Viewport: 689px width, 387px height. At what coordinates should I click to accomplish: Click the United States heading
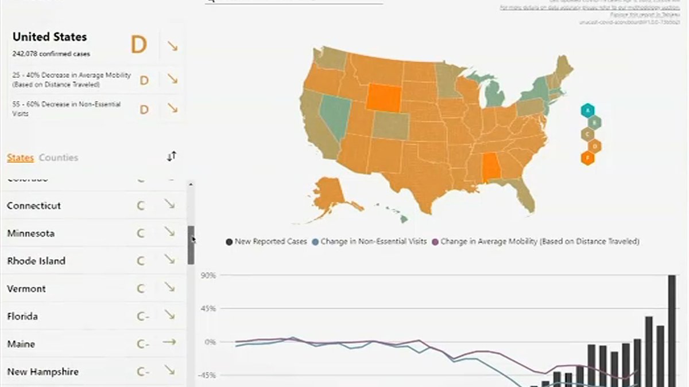(49, 37)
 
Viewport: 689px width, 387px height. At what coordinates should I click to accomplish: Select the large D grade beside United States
(139, 45)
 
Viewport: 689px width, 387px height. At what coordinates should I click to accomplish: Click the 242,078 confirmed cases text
(51, 54)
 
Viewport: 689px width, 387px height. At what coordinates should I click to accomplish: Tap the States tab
(20, 158)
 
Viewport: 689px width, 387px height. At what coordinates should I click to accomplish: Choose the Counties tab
(59, 158)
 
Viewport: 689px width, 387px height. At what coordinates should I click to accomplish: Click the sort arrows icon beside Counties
(171, 157)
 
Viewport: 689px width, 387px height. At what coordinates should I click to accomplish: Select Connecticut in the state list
(34, 205)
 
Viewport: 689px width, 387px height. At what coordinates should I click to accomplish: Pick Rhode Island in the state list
(36, 261)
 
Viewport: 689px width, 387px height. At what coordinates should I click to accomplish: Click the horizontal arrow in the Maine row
(169, 343)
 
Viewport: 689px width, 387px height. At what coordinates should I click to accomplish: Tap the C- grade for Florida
(142, 316)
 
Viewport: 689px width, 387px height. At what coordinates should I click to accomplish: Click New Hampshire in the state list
(43, 372)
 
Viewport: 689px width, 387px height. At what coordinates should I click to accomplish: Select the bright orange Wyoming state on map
(385, 97)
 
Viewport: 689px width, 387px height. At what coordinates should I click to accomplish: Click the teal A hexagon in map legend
(587, 111)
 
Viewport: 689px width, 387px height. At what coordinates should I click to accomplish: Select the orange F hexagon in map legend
(587, 158)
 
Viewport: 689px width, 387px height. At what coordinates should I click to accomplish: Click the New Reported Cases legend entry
(267, 242)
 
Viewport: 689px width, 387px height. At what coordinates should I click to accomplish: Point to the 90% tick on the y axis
(208, 276)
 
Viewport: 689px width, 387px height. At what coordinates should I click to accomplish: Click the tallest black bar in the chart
(671, 330)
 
